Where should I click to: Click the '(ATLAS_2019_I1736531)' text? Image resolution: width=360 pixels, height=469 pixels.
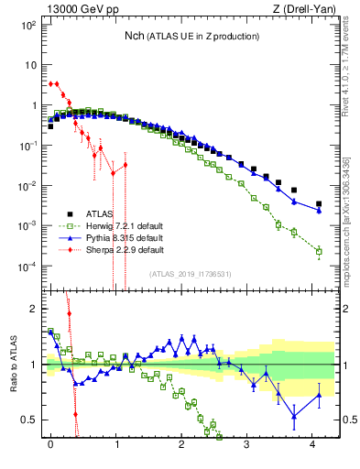click(x=191, y=274)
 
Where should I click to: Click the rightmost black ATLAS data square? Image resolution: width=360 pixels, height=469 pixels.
click(x=319, y=204)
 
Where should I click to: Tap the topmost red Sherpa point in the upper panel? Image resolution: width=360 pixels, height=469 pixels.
click(x=50, y=82)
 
